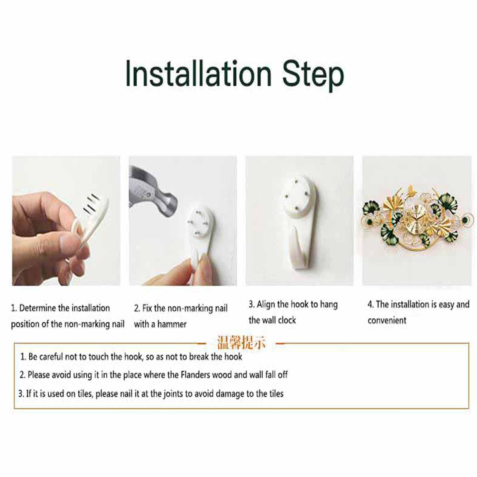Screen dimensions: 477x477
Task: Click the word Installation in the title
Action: pos(198,73)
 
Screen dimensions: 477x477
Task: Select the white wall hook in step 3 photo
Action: pos(299,220)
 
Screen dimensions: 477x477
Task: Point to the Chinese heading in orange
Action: pos(241,343)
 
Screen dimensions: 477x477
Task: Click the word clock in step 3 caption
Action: pos(288,320)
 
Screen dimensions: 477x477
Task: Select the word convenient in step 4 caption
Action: pos(387,321)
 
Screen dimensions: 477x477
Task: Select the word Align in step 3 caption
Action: pos(266,304)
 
